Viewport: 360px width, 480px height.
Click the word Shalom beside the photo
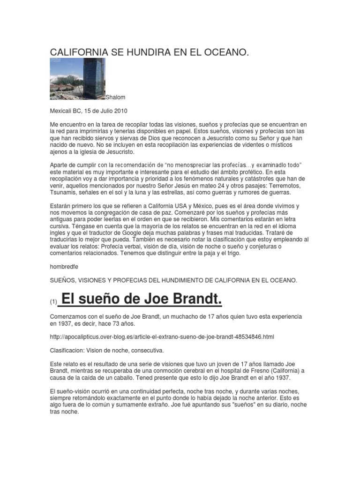click(x=117, y=97)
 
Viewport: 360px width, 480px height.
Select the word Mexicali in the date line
click(x=62, y=111)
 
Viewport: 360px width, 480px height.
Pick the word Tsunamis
click(x=65, y=193)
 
